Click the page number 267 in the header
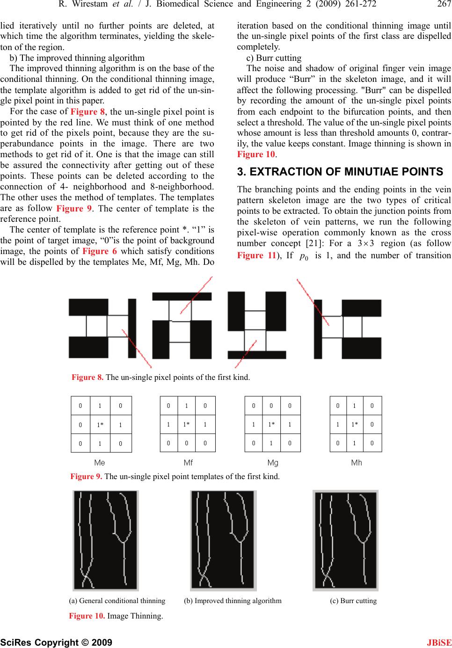(443, 4)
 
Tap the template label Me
(100, 463)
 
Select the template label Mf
(188, 463)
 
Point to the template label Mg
(273, 463)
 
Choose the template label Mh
(357, 463)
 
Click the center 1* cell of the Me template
(100, 425)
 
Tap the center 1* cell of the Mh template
(355, 424)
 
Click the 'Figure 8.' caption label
(87, 377)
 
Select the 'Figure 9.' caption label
(86, 476)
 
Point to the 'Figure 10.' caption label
(87, 616)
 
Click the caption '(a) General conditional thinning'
(117, 601)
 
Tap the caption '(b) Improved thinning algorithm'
(233, 601)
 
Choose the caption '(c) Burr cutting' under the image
(353, 601)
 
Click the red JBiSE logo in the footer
(439, 642)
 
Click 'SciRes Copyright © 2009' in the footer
(56, 642)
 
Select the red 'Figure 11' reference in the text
(256, 255)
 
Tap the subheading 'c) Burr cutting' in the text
(274, 58)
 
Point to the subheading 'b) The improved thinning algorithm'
(77, 58)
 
